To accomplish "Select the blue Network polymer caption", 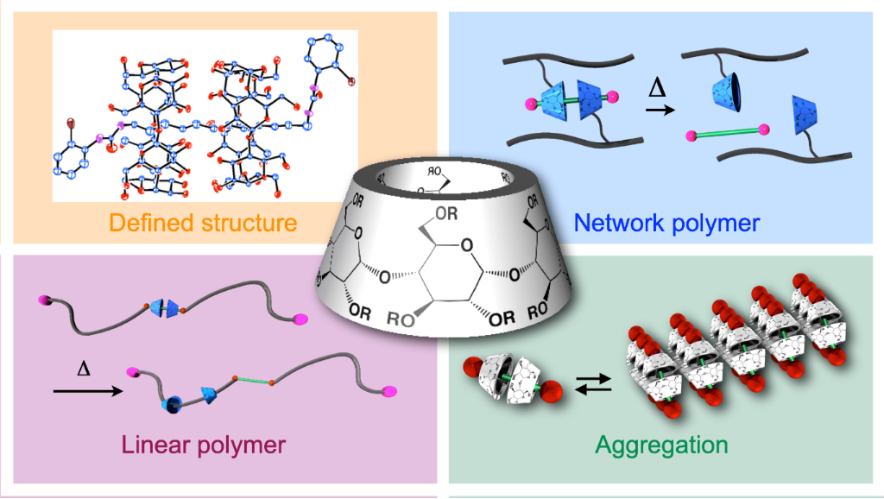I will click(x=666, y=224).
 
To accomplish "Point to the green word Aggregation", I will click(x=661, y=445).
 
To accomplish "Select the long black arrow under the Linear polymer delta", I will click(x=86, y=391).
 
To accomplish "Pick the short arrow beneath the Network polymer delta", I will click(x=657, y=111).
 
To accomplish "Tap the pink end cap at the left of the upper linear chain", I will click(x=44, y=300).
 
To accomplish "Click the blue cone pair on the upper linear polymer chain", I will click(x=163, y=306).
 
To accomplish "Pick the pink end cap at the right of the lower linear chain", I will click(x=388, y=391).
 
